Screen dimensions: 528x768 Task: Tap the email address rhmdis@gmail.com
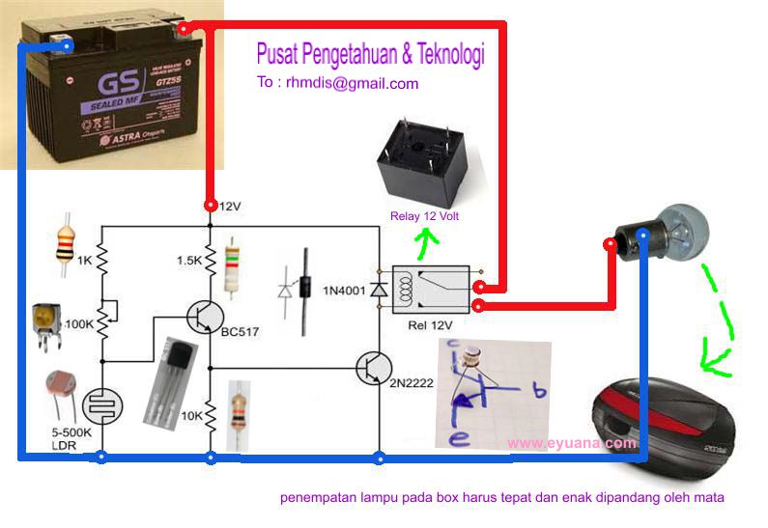[x=337, y=83]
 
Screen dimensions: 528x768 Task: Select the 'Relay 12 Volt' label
[x=424, y=216]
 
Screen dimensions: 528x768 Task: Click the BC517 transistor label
[x=240, y=332]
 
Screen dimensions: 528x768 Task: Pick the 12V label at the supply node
[x=229, y=207]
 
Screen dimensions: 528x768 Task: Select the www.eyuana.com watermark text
[x=571, y=444]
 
